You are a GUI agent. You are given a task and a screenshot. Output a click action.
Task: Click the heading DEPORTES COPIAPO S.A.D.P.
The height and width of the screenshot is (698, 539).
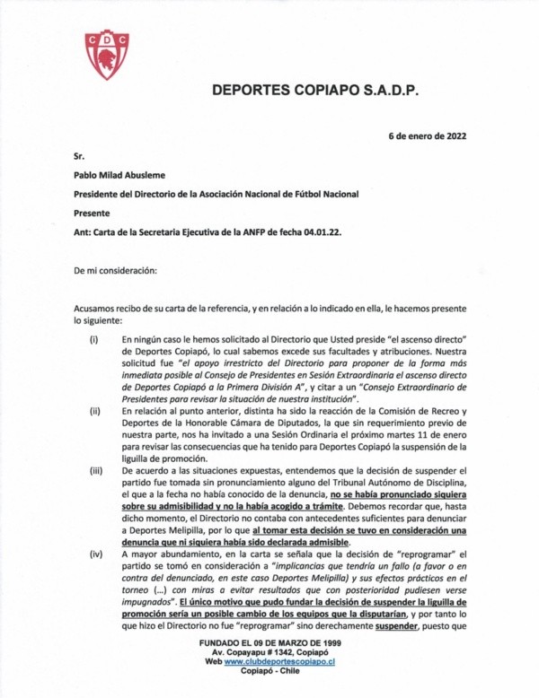click(315, 91)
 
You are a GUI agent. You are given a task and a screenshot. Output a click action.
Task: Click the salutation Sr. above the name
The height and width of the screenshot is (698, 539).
click(78, 156)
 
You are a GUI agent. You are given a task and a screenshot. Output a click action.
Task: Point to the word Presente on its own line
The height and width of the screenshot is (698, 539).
click(92, 213)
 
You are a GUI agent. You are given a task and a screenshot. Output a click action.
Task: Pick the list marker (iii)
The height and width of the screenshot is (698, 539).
click(93, 468)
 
